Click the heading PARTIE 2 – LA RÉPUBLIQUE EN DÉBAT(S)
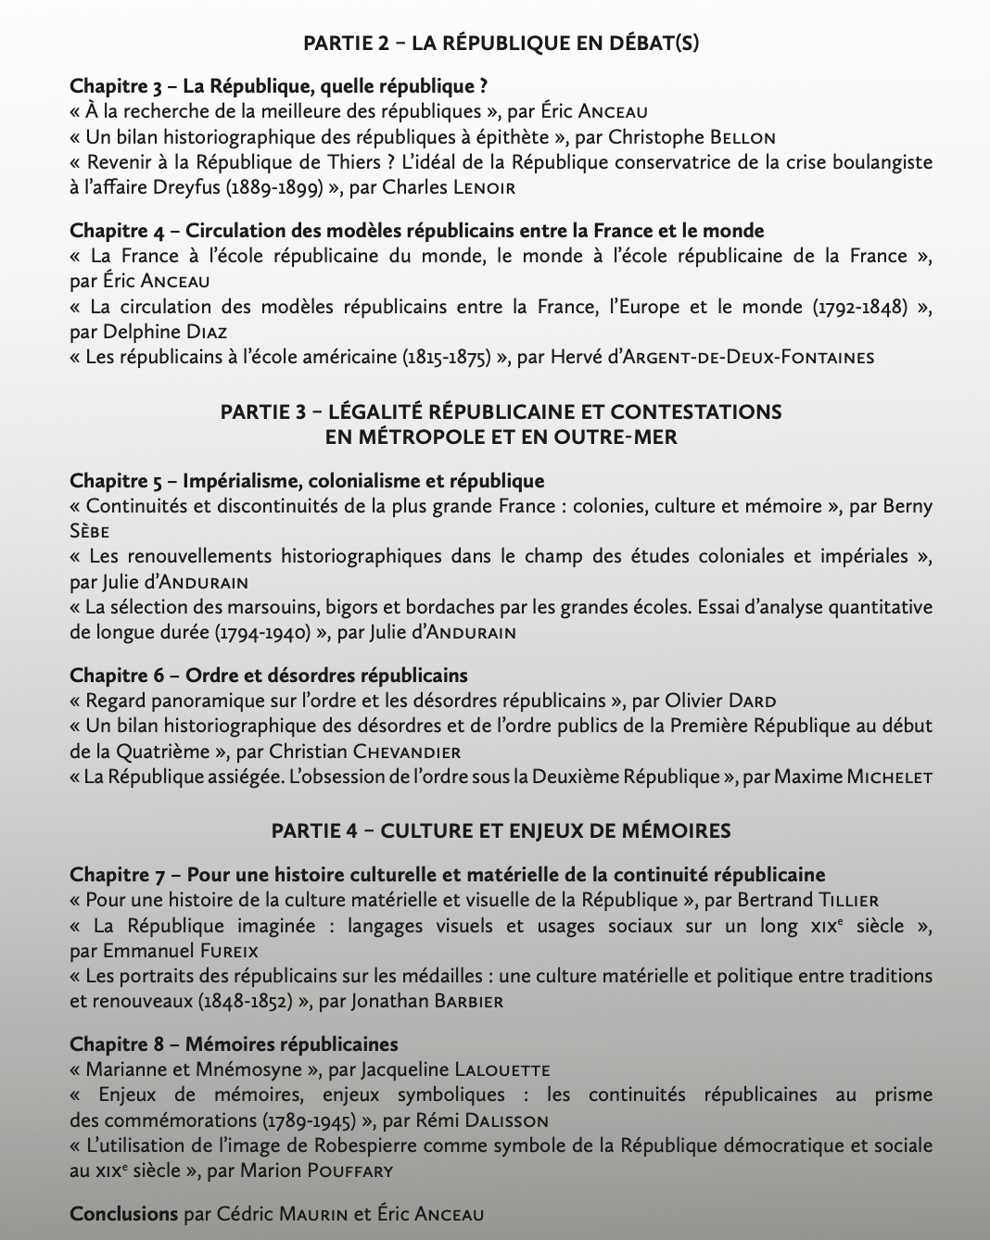pos(501,43)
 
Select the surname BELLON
pos(742,138)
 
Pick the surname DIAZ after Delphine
pos(206,332)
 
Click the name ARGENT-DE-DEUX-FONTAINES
pos(748,358)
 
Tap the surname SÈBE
pos(90,532)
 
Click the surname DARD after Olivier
pos(752,702)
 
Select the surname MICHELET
pos(889,778)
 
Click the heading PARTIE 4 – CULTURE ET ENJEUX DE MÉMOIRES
pos(501,830)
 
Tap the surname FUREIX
pos(226,952)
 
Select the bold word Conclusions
pos(123,1213)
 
